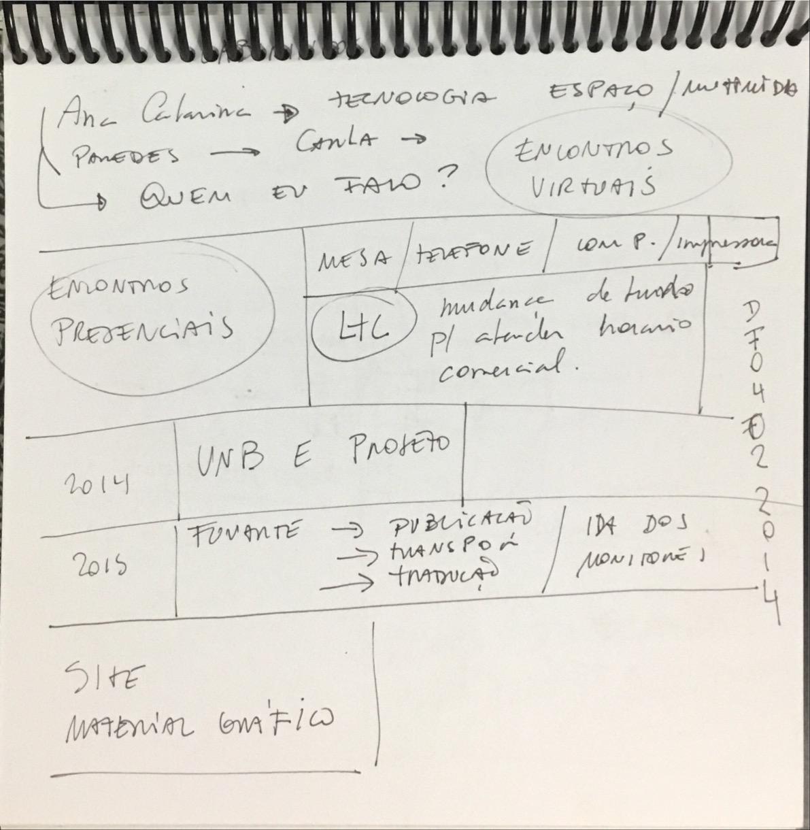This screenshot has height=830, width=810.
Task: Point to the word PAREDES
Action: pos(126,156)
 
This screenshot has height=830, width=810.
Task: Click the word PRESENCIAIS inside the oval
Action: pos(143,329)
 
